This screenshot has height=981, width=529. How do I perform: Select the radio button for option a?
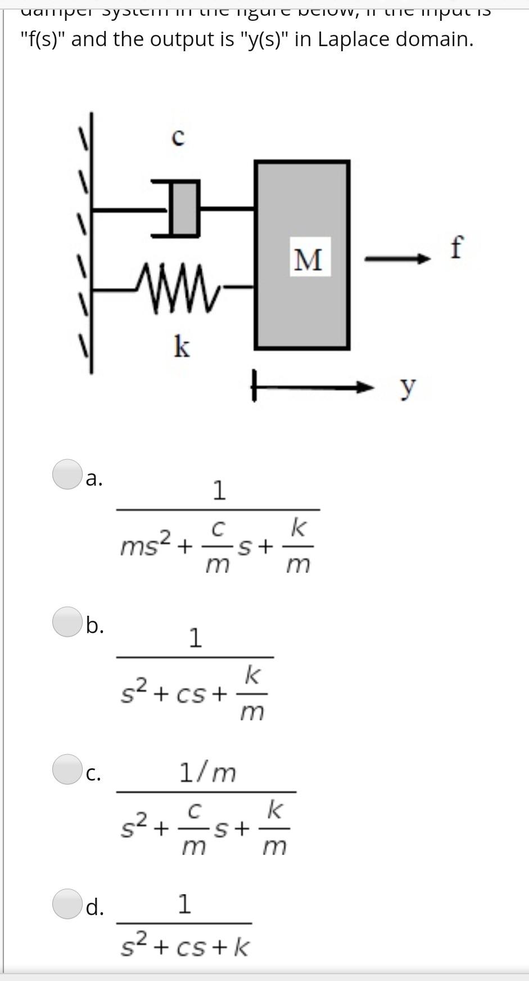[67, 474]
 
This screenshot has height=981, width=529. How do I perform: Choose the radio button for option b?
[67, 622]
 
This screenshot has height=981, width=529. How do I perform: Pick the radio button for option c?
[67, 769]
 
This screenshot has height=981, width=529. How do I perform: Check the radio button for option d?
[67, 904]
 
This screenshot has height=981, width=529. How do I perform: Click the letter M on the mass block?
[309, 260]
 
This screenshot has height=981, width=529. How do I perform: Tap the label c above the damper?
[178, 137]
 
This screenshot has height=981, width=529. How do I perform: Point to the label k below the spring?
[181, 346]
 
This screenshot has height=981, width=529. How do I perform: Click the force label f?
[457, 248]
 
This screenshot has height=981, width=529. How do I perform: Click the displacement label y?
[408, 387]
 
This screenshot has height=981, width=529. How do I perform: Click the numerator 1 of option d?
[184, 904]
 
